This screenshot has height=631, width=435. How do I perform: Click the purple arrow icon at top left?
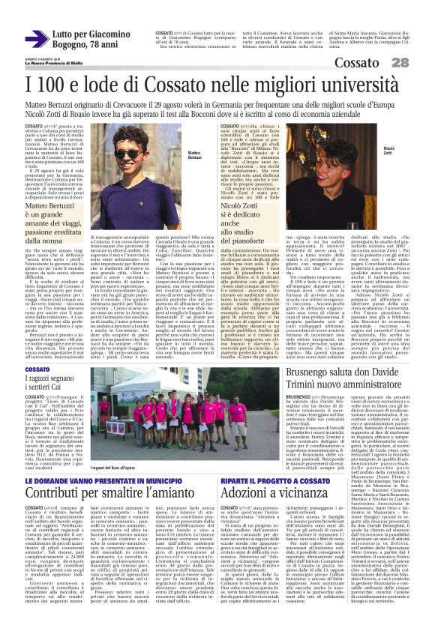tap(37, 37)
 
